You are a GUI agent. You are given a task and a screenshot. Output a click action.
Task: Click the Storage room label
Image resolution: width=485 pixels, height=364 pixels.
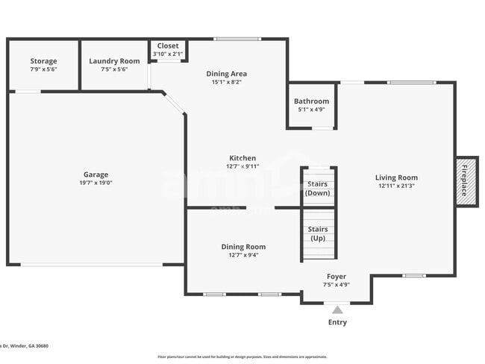point(43,61)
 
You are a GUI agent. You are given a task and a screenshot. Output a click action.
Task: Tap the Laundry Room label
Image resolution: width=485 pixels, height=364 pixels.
point(114,61)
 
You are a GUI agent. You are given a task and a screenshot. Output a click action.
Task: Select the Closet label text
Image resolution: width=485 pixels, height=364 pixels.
point(168,45)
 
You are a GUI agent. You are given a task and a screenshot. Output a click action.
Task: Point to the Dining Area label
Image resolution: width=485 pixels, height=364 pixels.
point(226,74)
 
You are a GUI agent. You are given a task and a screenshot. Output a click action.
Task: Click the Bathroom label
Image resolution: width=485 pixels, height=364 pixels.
point(311,101)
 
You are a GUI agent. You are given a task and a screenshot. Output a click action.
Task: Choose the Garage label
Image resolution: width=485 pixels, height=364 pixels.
point(96,175)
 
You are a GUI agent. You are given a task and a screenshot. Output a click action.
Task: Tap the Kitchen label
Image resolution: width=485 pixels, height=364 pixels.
point(242,158)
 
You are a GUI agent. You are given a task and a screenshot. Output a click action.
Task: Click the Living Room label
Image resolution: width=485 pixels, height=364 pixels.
point(396,178)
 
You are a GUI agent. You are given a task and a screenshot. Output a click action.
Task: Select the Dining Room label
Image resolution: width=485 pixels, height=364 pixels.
point(243,247)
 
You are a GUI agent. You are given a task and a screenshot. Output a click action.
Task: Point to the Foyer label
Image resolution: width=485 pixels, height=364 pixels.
point(337,276)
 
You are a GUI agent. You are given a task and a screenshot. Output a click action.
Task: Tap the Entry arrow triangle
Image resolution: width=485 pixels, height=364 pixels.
point(337,310)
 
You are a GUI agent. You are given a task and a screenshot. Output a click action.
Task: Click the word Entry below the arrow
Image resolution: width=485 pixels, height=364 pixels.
point(337,322)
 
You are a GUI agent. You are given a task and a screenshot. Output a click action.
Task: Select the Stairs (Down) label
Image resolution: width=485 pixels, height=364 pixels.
point(318,188)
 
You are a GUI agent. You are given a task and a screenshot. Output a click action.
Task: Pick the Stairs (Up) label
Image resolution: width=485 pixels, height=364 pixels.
point(318,233)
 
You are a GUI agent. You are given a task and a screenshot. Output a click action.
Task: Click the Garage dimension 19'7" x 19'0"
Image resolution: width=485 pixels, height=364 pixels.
point(96,183)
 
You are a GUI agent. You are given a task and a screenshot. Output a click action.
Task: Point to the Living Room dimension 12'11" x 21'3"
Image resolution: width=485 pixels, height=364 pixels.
point(396,186)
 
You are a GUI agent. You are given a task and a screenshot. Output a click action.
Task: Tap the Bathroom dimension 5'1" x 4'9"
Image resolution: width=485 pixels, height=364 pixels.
point(311,109)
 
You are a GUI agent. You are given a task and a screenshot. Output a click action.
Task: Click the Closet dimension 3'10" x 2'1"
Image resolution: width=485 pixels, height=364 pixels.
point(168,54)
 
